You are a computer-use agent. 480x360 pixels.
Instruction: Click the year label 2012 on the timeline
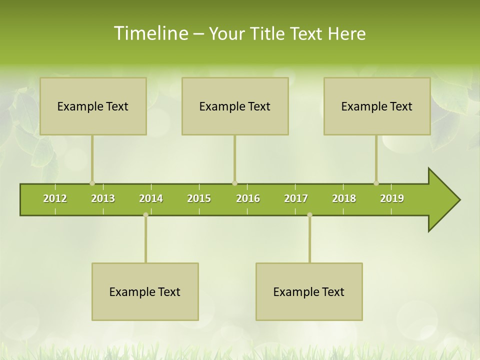coord(55,198)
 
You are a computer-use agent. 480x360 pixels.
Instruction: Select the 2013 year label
coord(103,198)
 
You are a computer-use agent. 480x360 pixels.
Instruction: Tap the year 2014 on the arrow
coord(151,198)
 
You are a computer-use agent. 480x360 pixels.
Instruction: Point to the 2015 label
coord(199,198)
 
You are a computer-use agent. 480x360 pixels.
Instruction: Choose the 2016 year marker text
coord(248,198)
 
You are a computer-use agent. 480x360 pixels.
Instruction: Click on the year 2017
coord(296,198)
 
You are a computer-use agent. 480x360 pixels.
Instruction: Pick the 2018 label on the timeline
coord(344,198)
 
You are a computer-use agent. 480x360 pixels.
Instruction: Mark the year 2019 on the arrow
coord(392,198)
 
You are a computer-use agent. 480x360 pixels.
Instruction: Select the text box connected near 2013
coord(93,106)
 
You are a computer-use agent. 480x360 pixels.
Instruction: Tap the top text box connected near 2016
coord(235,106)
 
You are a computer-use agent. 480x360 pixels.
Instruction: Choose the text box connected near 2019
coord(377,106)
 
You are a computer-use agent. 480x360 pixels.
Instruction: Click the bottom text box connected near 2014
coord(145,291)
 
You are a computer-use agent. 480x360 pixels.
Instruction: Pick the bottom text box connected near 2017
coord(309,291)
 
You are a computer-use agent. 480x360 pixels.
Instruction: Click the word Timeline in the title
coord(149,33)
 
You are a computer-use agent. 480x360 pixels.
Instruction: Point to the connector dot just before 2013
coord(92,183)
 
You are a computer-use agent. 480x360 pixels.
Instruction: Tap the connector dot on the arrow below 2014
coord(145,215)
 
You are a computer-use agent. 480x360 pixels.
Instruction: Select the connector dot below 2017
coord(309,215)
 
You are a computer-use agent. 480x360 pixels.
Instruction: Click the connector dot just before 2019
coord(376,183)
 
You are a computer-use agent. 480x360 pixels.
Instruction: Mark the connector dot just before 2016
coord(234,183)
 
